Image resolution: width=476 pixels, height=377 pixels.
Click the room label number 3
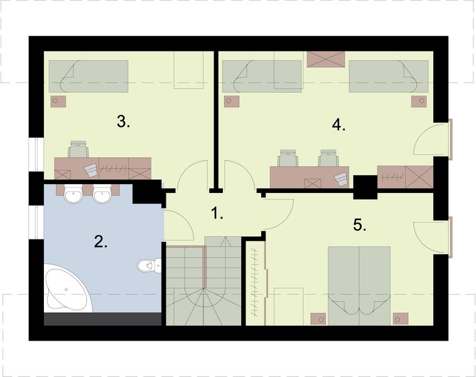click(x=123, y=122)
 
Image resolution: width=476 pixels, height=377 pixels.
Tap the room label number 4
click(x=338, y=124)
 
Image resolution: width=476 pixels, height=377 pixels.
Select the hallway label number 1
click(x=217, y=213)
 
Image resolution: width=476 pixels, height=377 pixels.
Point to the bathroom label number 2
click(x=100, y=242)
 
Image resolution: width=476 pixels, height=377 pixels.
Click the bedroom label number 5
click(x=360, y=225)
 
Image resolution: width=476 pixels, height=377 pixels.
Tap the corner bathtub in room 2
click(x=68, y=288)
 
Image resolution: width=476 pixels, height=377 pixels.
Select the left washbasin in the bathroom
click(x=73, y=193)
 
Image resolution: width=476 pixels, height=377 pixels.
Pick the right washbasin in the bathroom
click(x=102, y=193)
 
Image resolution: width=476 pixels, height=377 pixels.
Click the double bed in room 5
click(x=359, y=286)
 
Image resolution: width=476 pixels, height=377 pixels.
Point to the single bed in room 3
click(x=89, y=76)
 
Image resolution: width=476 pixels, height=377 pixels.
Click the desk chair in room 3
click(x=78, y=149)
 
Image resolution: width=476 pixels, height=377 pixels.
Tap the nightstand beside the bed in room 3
click(x=58, y=101)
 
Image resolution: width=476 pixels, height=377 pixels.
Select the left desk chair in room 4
click(x=288, y=158)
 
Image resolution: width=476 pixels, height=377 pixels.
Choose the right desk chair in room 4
click(x=328, y=158)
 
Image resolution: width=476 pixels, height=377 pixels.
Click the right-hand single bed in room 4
click(x=389, y=76)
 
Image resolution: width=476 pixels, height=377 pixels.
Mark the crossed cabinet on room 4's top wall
click(x=326, y=59)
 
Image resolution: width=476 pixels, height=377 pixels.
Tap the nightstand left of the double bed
click(x=318, y=319)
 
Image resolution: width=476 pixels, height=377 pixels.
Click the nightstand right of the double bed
click(x=401, y=319)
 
